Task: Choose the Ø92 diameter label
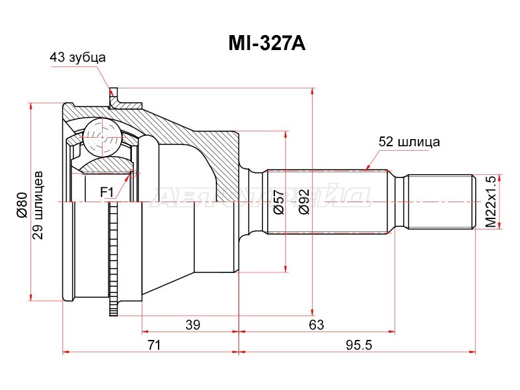pyautogui.click(x=303, y=202)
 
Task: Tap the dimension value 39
pyautogui.click(x=192, y=324)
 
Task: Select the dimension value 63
pyautogui.click(x=316, y=324)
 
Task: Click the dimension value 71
pyautogui.click(x=153, y=345)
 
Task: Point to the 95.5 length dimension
pyautogui.click(x=357, y=345)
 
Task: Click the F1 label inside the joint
pyautogui.click(x=107, y=192)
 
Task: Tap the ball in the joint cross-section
pyautogui.click(x=102, y=137)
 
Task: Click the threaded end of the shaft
pyautogui.click(x=439, y=201)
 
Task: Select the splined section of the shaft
pyautogui.click(x=328, y=201)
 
